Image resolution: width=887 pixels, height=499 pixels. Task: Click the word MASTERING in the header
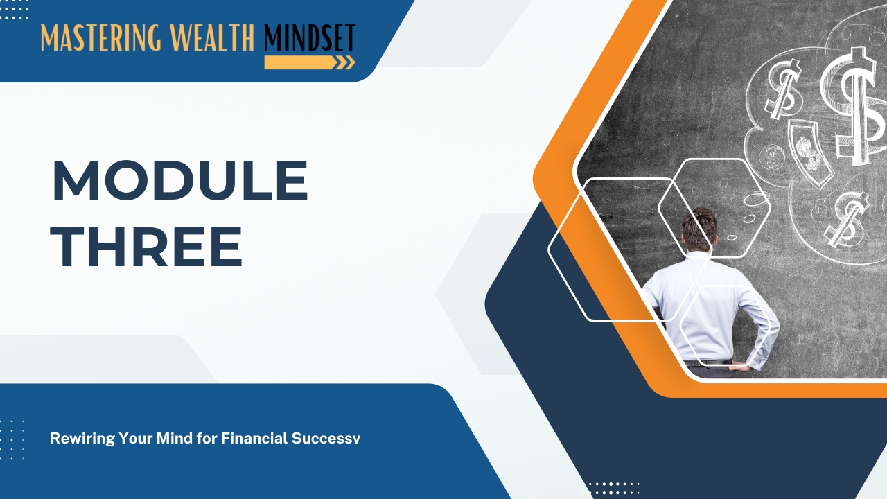(x=101, y=37)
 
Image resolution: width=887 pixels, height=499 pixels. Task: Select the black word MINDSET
(x=310, y=37)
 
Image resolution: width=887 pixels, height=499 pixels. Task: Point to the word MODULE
(x=180, y=180)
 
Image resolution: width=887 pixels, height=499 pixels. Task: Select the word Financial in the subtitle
(x=254, y=438)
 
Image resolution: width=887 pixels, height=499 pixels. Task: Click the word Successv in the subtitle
(x=326, y=439)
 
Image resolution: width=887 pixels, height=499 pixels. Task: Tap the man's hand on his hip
(x=739, y=367)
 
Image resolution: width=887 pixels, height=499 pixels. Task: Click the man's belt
(x=708, y=362)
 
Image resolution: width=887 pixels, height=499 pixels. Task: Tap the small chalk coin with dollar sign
(x=772, y=156)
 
